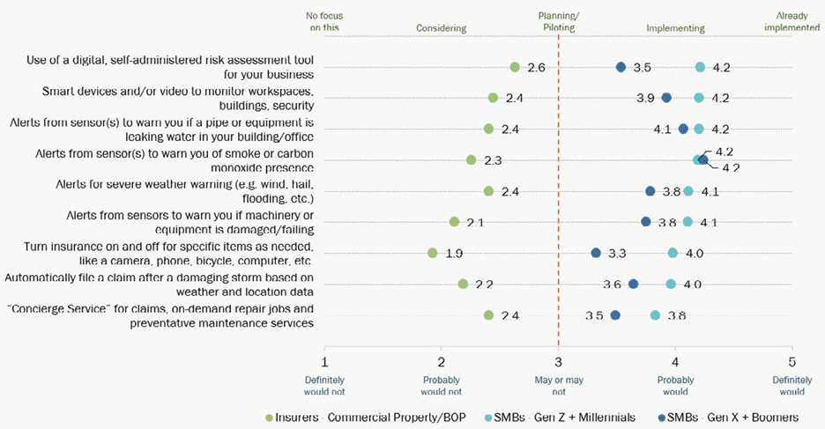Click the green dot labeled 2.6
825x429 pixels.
[x=515, y=67]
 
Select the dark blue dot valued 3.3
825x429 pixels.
[x=596, y=253]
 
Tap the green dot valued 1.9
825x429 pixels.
[x=433, y=253]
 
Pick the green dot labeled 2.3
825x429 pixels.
[x=471, y=159]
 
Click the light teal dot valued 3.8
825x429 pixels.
[x=655, y=314]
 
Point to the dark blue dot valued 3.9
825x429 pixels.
[x=666, y=98]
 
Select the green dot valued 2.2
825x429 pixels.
[x=463, y=284]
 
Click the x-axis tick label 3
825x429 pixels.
[x=558, y=361]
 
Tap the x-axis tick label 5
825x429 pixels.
[x=792, y=361]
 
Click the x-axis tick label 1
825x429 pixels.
[x=324, y=361]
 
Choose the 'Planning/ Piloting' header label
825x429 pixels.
[x=558, y=22]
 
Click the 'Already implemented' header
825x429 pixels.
[x=792, y=22]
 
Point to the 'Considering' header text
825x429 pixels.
[x=441, y=28]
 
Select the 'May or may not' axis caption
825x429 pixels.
[x=558, y=387]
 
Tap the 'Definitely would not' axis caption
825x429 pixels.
[x=324, y=387]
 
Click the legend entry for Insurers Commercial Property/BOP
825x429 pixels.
[x=360, y=416]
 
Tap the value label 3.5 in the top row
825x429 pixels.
[x=643, y=68]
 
